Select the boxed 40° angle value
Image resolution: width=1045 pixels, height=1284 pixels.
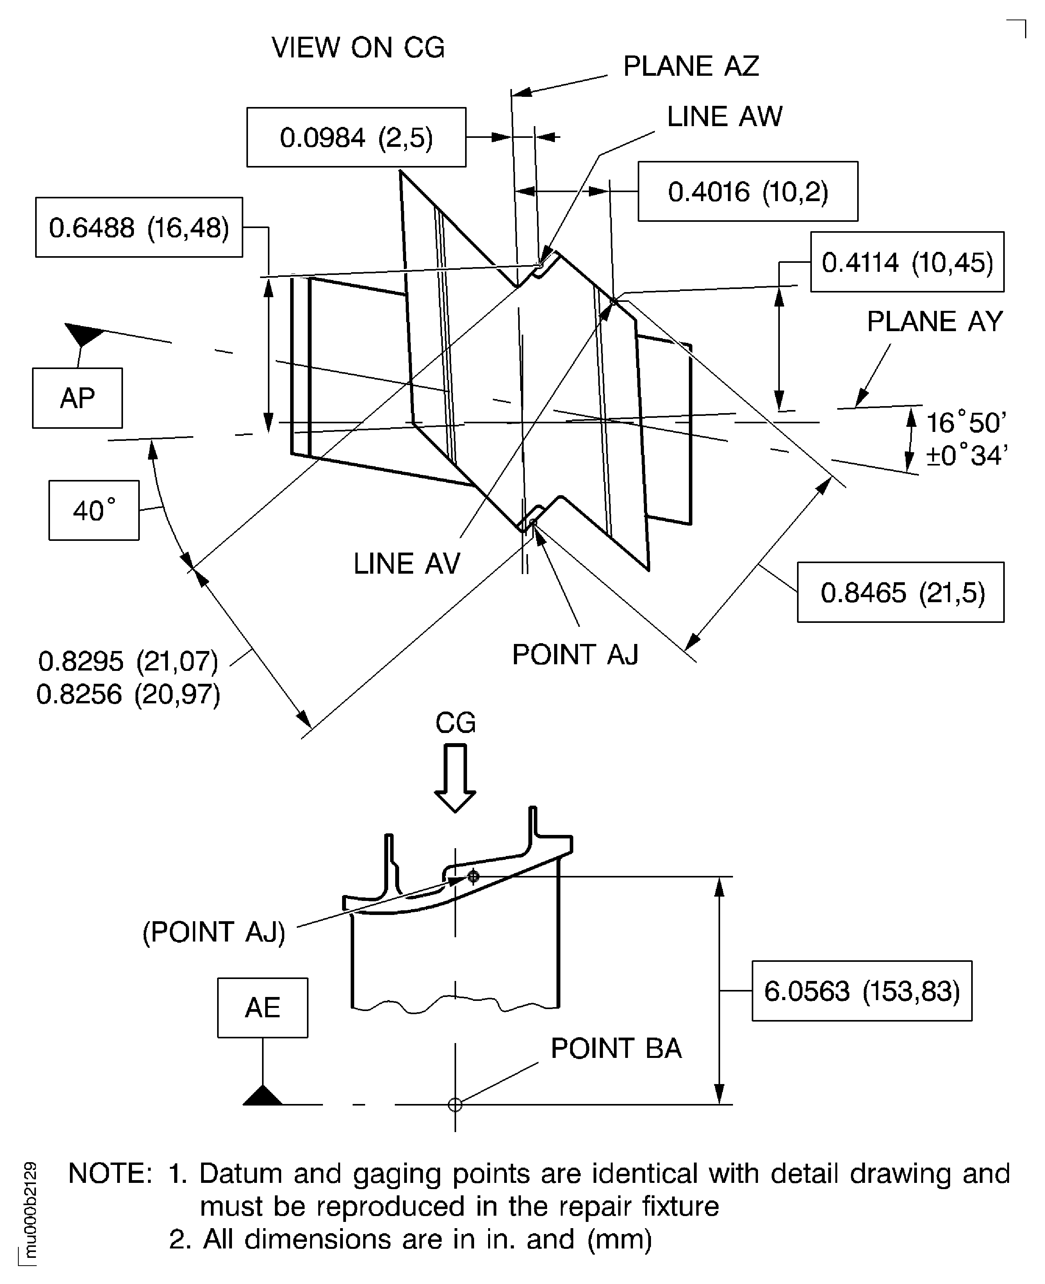coord(94,510)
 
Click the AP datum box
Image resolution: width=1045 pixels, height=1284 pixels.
coord(78,398)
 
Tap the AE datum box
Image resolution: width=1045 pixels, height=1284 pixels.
coord(262,1008)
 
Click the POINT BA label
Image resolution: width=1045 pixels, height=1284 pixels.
coord(616,1048)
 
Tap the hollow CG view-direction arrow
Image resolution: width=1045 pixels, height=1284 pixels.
coord(455,778)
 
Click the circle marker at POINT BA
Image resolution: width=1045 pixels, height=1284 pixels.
coord(455,1105)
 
